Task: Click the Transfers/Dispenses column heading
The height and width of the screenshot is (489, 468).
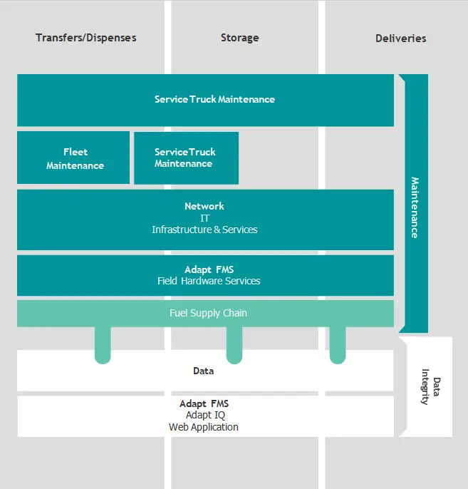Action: pos(85,37)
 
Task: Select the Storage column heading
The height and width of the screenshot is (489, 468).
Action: pos(239,37)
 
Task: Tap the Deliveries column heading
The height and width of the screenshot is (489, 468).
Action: pos(400,38)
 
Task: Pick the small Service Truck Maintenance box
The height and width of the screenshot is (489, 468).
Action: pos(185,158)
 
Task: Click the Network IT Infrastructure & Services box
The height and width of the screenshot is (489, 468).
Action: pos(205,219)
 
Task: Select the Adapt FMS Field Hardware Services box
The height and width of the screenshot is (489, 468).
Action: pos(205,275)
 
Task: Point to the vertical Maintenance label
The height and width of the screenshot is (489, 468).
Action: pos(415,207)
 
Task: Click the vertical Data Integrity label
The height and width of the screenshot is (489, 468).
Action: pos(431,386)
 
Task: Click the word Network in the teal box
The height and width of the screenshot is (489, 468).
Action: pos(204,206)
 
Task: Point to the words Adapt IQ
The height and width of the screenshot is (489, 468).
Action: pos(204,415)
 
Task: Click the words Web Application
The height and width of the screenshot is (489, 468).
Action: pos(204,427)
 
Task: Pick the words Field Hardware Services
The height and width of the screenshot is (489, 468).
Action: pos(209,281)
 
